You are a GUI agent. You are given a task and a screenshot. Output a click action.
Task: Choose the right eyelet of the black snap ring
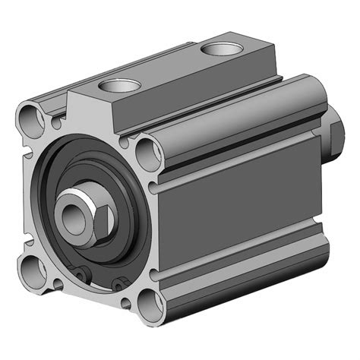click(118, 283)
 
